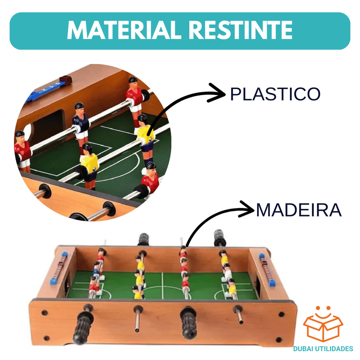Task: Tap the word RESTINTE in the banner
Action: [240, 31]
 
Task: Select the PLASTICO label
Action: [275, 94]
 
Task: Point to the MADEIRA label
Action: [298, 210]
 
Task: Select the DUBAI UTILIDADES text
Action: [323, 349]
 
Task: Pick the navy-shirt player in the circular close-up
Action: [81, 121]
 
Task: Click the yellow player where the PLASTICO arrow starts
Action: [145, 136]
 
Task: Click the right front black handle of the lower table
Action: [189, 322]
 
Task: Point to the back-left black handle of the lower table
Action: [143, 239]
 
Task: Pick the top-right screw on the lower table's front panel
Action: [281, 314]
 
